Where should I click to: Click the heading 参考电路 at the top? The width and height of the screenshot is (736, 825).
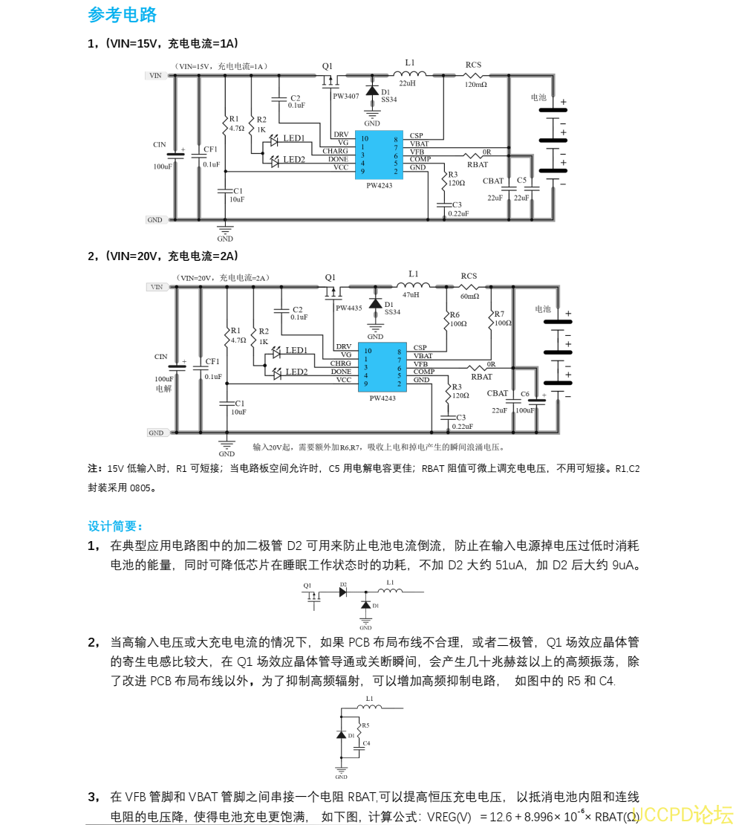[123, 15]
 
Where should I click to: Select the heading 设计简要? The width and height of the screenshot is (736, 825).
[115, 526]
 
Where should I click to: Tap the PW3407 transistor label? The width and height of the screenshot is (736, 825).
[345, 97]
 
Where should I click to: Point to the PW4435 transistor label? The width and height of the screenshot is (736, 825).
[348, 308]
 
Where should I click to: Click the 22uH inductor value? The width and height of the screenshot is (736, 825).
[407, 83]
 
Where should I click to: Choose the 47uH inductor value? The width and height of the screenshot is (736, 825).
[411, 294]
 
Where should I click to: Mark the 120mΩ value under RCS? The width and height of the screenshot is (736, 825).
[475, 85]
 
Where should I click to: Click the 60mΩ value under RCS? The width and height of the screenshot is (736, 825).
[469, 296]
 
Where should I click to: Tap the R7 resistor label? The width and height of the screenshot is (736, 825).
[499, 314]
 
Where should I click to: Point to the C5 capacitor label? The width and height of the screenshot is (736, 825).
[521, 180]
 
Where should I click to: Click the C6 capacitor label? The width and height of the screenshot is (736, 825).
[525, 394]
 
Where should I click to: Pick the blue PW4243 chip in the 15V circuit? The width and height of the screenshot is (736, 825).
[379, 155]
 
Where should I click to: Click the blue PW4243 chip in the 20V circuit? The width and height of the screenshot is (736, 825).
[382, 366]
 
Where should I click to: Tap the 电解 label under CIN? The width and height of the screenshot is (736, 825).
[163, 388]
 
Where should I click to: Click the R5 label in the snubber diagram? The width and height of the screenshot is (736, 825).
[365, 725]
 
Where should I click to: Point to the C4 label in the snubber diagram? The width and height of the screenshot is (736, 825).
[367, 742]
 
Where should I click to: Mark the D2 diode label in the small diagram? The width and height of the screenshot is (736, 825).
[343, 584]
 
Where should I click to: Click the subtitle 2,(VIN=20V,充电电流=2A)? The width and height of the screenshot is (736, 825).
[163, 256]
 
